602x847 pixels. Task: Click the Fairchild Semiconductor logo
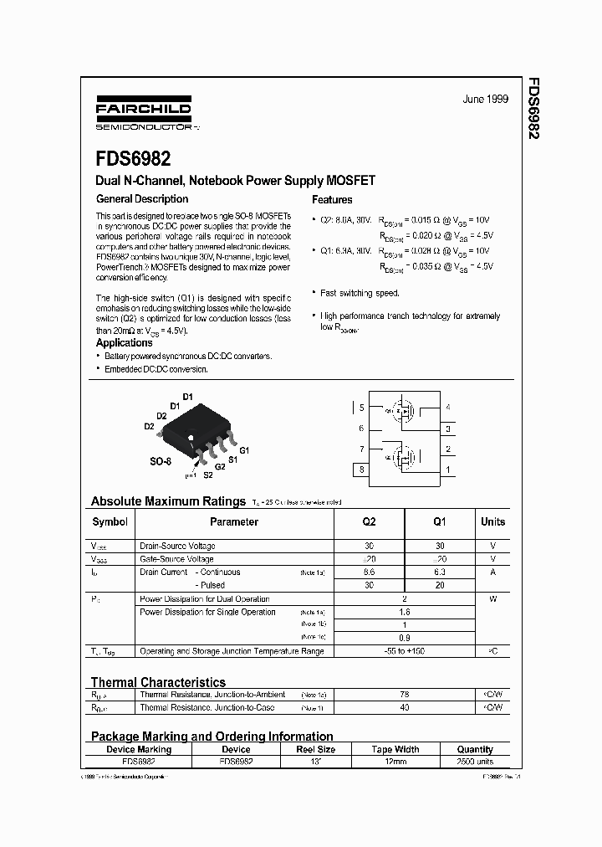143,117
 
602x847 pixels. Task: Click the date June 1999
485,99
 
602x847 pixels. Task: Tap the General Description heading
142,199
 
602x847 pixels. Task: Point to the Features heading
332,200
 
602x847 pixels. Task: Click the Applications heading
125,342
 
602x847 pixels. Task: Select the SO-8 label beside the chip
161,461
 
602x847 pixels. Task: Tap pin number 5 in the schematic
361,408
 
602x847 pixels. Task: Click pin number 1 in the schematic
448,470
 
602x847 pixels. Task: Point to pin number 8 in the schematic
361,470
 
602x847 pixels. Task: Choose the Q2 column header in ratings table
369,521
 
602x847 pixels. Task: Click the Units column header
492,521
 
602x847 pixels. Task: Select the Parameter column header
234,521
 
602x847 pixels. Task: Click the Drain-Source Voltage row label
177,546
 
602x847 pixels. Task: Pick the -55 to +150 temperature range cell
404,650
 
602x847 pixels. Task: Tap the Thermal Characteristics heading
158,682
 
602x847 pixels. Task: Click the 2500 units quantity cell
475,762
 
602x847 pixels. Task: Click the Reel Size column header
315,750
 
